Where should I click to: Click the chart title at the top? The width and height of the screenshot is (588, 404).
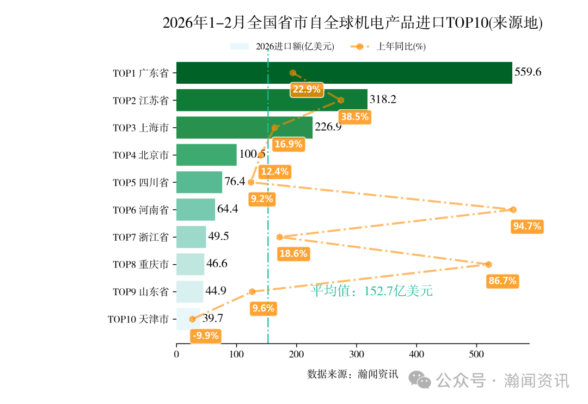[353, 23]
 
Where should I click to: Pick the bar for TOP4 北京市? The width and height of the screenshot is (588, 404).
[206, 155]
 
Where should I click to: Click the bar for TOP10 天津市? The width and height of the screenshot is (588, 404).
[188, 319]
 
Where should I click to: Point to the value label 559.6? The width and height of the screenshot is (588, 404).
[528, 72]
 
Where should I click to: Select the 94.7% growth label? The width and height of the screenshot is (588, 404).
[527, 226]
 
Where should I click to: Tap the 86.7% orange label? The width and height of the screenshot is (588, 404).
[502, 281]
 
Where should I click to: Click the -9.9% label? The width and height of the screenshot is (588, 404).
[205, 335]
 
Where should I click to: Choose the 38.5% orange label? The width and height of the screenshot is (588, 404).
[354, 116]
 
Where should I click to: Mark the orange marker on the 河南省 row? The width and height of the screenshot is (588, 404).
[513, 210]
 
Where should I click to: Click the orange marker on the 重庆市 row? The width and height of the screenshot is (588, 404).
[488, 264]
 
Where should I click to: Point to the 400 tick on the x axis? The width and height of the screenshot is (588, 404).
[416, 355]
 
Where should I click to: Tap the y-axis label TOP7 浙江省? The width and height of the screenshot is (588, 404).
[140, 237]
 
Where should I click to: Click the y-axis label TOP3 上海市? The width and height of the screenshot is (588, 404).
[140, 128]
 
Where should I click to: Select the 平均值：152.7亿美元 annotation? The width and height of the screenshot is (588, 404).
[372, 291]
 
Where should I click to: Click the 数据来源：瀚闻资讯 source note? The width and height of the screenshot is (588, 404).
[353, 374]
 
